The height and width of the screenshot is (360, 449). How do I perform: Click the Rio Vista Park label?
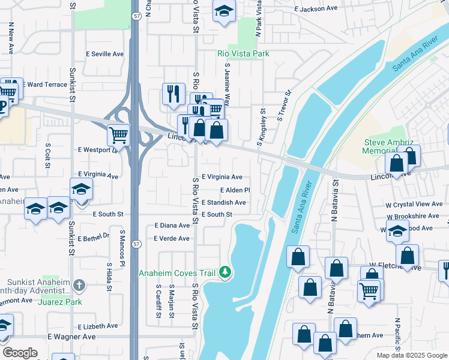coord(243,54)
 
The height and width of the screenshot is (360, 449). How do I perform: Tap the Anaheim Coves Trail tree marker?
coord(225,272)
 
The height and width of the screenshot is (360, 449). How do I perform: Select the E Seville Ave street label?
coord(107,54)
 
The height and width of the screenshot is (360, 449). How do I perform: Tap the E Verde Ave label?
coord(172,239)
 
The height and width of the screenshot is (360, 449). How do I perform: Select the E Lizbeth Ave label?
coord(95,326)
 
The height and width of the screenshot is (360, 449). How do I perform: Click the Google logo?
coord(20,353)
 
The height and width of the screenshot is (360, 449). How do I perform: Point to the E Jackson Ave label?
coord(316,9)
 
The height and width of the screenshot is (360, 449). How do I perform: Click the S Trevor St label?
coord(284,105)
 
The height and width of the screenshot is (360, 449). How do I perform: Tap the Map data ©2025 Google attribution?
coord(412,355)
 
